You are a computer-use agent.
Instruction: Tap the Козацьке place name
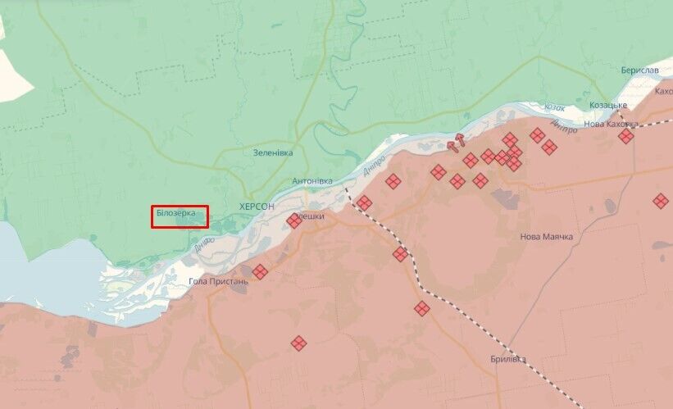pos(609,105)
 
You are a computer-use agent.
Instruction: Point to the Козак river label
pos(555,107)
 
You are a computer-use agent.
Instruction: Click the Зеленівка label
pos(272,152)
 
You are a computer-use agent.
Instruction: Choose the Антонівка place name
pos(312,180)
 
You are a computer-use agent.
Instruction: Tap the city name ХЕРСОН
pos(257,207)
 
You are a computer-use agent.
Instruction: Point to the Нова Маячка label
pos(546,237)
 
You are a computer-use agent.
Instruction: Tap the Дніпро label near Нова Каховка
pos(563,125)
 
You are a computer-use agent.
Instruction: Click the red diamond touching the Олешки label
pos(294,220)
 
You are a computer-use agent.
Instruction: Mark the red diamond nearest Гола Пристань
pos(260,271)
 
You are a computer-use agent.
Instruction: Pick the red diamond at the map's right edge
pos(661,200)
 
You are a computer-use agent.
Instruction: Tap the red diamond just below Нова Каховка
pos(626,136)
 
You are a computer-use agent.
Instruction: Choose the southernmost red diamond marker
pos(298,343)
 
